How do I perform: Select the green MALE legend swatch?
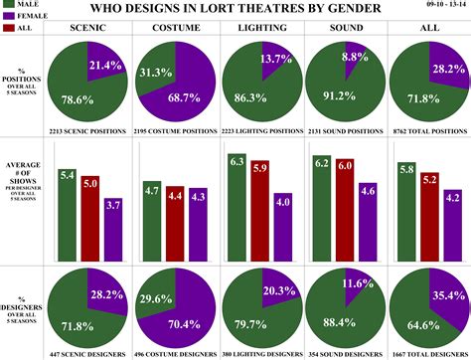(x=9, y=6)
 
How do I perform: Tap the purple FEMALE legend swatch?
(x=9, y=18)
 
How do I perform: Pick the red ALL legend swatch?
(x=9, y=30)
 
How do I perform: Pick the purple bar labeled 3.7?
(x=113, y=232)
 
